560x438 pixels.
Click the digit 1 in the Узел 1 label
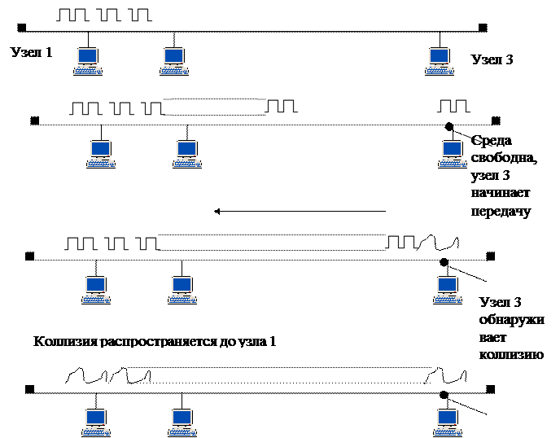[x=49, y=54]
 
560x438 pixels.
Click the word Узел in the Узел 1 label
[x=26, y=54]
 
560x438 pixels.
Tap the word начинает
[x=499, y=194]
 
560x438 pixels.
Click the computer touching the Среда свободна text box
[x=451, y=153]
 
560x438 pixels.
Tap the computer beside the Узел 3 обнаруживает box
[x=445, y=289]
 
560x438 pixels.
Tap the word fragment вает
[x=492, y=338]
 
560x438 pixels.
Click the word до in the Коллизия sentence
[x=229, y=341]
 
